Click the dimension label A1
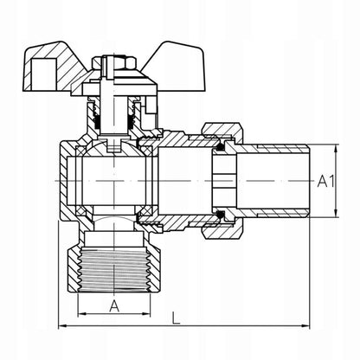click(x=326, y=182)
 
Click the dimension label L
click(x=176, y=318)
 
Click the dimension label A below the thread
click(x=114, y=306)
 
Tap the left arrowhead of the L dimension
click(x=63, y=326)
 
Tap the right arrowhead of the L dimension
click(x=305, y=326)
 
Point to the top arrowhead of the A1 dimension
click(x=336, y=150)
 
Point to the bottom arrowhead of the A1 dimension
click(x=336, y=213)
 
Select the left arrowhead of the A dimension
click(x=82, y=314)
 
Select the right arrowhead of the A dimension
click(x=146, y=314)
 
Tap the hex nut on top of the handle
click(x=114, y=62)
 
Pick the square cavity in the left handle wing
click(x=43, y=74)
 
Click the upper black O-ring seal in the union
click(x=221, y=147)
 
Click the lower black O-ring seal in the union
click(x=221, y=215)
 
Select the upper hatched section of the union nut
click(x=222, y=129)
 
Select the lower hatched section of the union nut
click(x=222, y=232)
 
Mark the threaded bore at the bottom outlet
click(x=114, y=268)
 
